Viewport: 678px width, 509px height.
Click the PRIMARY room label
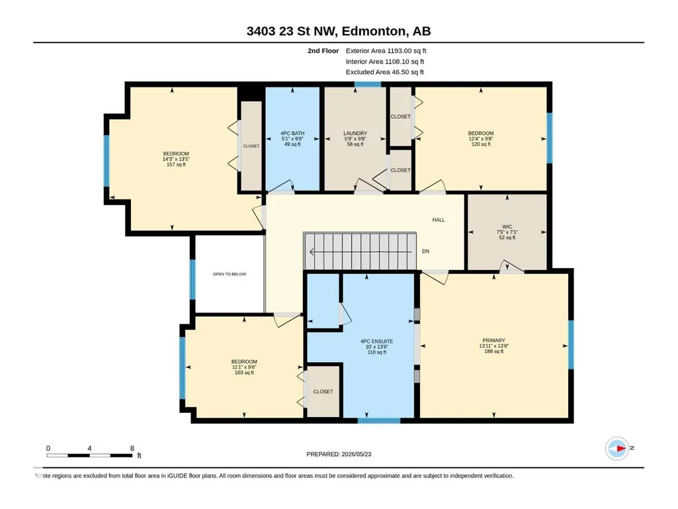click(494, 341)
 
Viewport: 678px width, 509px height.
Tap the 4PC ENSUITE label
click(376, 341)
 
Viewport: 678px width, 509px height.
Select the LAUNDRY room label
click(355, 133)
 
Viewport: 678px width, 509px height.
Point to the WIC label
click(507, 227)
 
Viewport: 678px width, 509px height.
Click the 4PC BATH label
click(292, 133)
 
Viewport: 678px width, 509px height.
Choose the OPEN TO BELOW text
click(229, 274)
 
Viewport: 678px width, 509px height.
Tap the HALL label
click(439, 220)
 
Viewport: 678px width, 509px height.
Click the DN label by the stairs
click(425, 252)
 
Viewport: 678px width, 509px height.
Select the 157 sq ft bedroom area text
click(176, 164)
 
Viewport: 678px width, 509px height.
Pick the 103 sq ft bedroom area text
click(244, 373)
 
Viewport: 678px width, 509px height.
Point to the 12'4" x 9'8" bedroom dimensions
click(481, 139)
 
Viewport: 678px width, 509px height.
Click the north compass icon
click(617, 448)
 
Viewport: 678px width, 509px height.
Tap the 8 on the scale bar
click(132, 448)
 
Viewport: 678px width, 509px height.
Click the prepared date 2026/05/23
click(357, 454)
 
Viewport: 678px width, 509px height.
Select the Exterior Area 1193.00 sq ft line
click(386, 51)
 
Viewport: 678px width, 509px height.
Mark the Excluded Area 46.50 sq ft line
click(385, 72)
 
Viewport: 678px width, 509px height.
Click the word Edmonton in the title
click(374, 31)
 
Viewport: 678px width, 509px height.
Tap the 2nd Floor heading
click(323, 51)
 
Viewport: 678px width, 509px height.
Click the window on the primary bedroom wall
click(571, 345)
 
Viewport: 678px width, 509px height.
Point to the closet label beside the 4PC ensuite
click(323, 392)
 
